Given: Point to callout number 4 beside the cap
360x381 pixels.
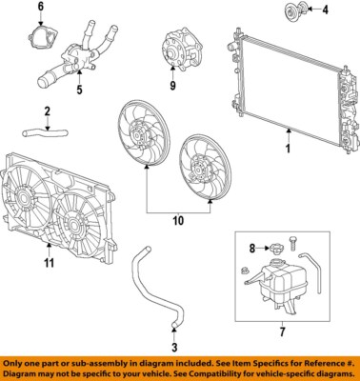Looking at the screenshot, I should (x=324, y=11).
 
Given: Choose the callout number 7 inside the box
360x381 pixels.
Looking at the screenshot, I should (x=283, y=332).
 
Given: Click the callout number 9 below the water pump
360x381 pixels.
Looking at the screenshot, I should (x=172, y=87).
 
